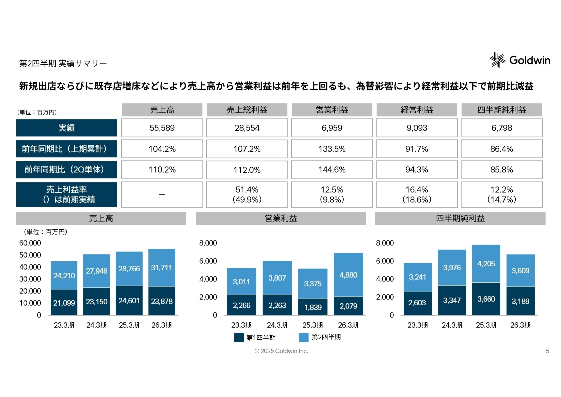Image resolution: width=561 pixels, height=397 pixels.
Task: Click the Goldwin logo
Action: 519,60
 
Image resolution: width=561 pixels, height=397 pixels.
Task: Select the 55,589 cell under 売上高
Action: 162,128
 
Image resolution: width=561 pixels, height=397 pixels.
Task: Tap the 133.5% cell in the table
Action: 332,149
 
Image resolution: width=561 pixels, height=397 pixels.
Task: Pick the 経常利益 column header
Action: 417,110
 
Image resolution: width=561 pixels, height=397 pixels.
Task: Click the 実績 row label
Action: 66,128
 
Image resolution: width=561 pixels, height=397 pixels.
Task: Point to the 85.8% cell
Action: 501,170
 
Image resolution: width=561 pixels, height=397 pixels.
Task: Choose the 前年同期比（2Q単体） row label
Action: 66,170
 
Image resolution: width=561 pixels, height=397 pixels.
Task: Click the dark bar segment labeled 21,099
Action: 64,303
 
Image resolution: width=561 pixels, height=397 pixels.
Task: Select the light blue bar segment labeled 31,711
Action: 162,268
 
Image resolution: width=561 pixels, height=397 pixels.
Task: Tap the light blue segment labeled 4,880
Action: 348,275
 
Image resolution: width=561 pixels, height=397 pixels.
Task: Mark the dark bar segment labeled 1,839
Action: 313,307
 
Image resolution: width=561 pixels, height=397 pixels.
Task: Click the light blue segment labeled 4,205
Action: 486,264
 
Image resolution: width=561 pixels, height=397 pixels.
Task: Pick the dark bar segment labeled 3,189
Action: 520,301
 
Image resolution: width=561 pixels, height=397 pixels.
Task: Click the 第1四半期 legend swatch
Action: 239,338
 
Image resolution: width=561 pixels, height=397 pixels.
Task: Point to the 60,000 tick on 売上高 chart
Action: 30,243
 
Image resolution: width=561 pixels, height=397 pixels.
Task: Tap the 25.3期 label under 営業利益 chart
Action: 313,325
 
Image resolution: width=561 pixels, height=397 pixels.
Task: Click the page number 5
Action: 547,351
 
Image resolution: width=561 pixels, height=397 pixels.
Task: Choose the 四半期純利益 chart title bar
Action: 460,219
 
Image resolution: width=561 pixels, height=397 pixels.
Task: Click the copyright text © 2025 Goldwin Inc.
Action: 281,351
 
